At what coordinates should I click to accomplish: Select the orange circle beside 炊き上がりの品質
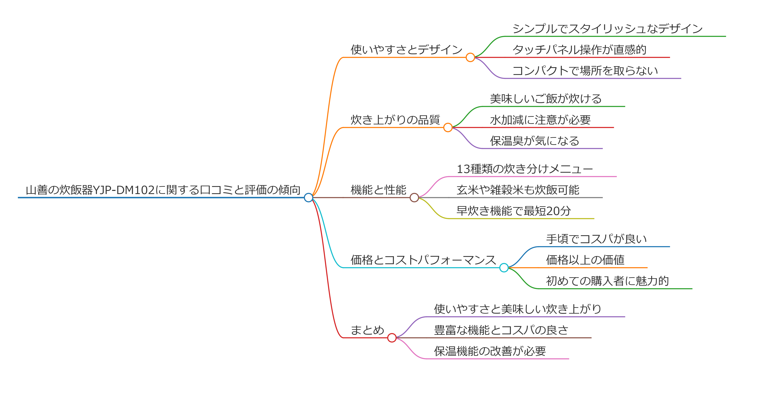448,127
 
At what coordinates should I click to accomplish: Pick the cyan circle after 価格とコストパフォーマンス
504,267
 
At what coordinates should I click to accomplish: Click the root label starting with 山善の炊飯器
163,190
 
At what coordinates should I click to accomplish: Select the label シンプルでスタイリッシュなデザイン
608,29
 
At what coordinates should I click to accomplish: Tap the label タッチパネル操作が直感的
579,50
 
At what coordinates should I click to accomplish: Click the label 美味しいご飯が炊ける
546,99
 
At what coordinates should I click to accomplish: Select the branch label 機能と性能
378,190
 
